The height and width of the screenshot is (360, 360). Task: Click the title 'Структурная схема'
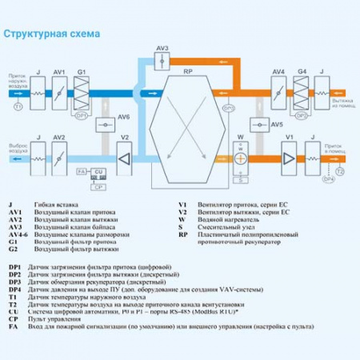52,34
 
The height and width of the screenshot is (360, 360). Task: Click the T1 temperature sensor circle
18,106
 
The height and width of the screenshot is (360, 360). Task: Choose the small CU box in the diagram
98,172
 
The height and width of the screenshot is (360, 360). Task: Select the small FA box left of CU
81,172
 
